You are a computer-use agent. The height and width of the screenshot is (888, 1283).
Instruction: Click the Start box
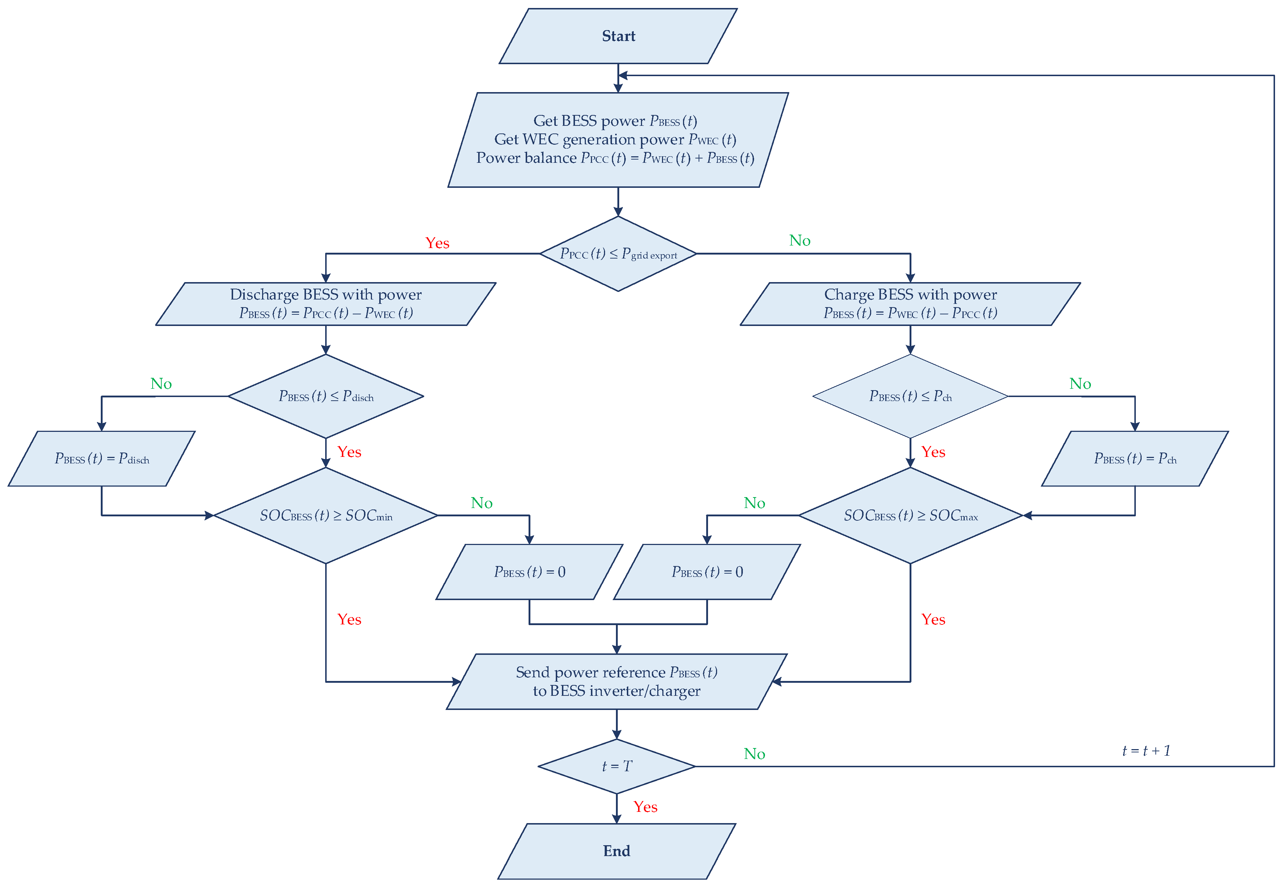coord(618,36)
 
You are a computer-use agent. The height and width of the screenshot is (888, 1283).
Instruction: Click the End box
coord(616,851)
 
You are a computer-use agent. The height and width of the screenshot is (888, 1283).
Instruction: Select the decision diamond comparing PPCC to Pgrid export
coord(618,254)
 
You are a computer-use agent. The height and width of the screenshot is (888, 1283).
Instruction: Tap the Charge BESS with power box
coord(910,304)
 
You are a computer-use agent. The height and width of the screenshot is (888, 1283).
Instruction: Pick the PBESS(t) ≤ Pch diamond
coord(910,396)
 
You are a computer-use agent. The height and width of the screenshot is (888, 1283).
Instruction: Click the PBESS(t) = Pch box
coord(1134,458)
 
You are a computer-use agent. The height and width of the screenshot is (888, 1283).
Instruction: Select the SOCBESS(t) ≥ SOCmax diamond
coord(910,515)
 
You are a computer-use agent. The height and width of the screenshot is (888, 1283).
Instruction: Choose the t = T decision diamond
coord(616,766)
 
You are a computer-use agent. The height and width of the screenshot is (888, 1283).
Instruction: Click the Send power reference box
coord(616,682)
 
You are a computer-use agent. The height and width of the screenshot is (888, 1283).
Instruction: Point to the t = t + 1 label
coord(1146,751)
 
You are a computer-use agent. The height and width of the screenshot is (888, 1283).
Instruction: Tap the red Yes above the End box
coord(645,807)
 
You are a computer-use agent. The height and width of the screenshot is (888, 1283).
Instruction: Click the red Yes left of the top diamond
coord(437,243)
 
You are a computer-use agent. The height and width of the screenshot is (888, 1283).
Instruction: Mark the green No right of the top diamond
coord(800,241)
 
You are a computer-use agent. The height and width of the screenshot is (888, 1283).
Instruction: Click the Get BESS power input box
coord(618,140)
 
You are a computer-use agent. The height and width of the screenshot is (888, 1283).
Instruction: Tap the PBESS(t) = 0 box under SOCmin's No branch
coord(529,572)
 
